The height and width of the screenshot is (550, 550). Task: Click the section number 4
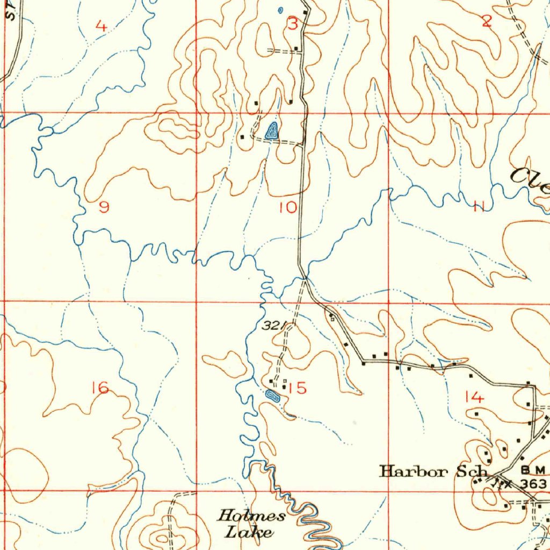(101, 25)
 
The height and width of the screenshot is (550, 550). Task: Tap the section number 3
(292, 24)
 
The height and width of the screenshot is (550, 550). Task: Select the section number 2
(487, 21)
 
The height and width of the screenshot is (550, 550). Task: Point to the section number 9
(104, 207)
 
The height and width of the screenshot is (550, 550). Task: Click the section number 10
(288, 207)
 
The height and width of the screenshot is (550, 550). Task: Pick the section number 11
(479, 206)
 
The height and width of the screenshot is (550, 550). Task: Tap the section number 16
(100, 387)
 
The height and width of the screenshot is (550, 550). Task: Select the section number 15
(297, 388)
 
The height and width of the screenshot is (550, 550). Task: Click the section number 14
(475, 397)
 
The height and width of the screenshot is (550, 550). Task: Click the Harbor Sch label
(433, 472)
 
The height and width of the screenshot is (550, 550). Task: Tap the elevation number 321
(273, 325)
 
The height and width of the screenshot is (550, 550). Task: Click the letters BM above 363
(534, 470)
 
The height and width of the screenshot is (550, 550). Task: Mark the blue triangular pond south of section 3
(272, 131)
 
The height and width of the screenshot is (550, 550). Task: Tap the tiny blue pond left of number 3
(280, 10)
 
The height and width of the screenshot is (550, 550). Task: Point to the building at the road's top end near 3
(305, 12)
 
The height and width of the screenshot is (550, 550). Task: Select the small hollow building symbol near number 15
(284, 381)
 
